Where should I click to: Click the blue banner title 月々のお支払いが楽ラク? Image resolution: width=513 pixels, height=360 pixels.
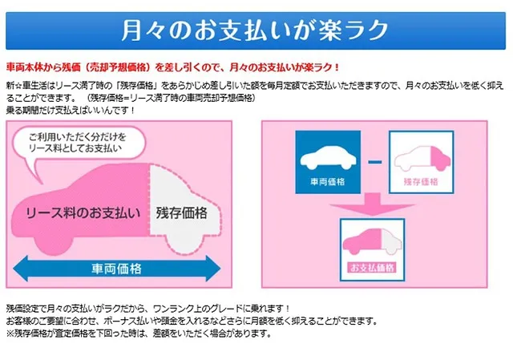point(255,30)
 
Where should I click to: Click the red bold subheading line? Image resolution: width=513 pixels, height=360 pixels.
point(173,67)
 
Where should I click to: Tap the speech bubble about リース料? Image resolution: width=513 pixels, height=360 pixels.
point(79,144)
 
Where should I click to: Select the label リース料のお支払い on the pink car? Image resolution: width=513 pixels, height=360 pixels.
point(83,213)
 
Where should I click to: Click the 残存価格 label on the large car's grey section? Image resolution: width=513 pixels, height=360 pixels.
point(182,213)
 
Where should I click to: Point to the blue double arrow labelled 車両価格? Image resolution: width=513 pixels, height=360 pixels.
point(117,269)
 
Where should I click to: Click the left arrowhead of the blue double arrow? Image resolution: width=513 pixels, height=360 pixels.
point(20,269)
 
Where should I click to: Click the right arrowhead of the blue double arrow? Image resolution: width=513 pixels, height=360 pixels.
point(213,269)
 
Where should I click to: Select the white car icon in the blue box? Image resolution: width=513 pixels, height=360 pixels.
point(328,159)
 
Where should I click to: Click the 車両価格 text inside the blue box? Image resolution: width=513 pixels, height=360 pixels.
point(328,181)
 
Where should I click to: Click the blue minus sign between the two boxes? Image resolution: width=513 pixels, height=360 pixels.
point(375,162)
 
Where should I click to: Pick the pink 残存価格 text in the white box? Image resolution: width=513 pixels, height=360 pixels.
point(421,182)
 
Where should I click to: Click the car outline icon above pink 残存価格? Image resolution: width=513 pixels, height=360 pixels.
point(422,159)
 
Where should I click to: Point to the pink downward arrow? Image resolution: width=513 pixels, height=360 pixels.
point(372,204)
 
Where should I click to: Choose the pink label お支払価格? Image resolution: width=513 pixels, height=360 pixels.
point(372,268)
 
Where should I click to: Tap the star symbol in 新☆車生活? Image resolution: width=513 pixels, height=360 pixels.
point(18,86)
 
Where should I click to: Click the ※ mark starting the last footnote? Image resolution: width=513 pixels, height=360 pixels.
point(10,334)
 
